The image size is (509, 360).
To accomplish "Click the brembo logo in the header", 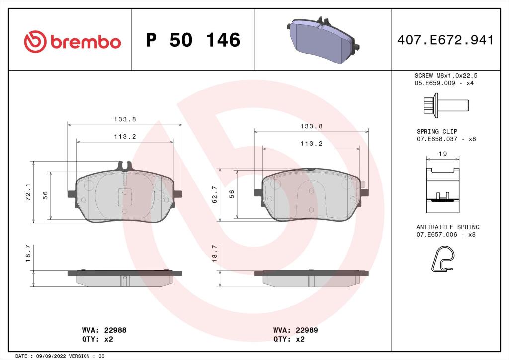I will (x=73, y=41).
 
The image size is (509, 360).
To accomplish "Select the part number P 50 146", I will (x=193, y=40).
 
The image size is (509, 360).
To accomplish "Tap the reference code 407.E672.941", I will (x=445, y=40).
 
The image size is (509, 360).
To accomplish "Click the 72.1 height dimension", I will (x=28, y=192).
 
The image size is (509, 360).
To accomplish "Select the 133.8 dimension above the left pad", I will (x=125, y=119).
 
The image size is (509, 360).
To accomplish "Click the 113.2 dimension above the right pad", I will (x=312, y=143).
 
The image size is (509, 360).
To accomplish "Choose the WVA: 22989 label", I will (x=295, y=330).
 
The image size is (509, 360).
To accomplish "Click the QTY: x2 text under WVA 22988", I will (x=97, y=339).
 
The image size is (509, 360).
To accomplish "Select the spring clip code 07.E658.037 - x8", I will (x=446, y=139).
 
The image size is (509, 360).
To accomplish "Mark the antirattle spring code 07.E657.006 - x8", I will (x=446, y=234).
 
